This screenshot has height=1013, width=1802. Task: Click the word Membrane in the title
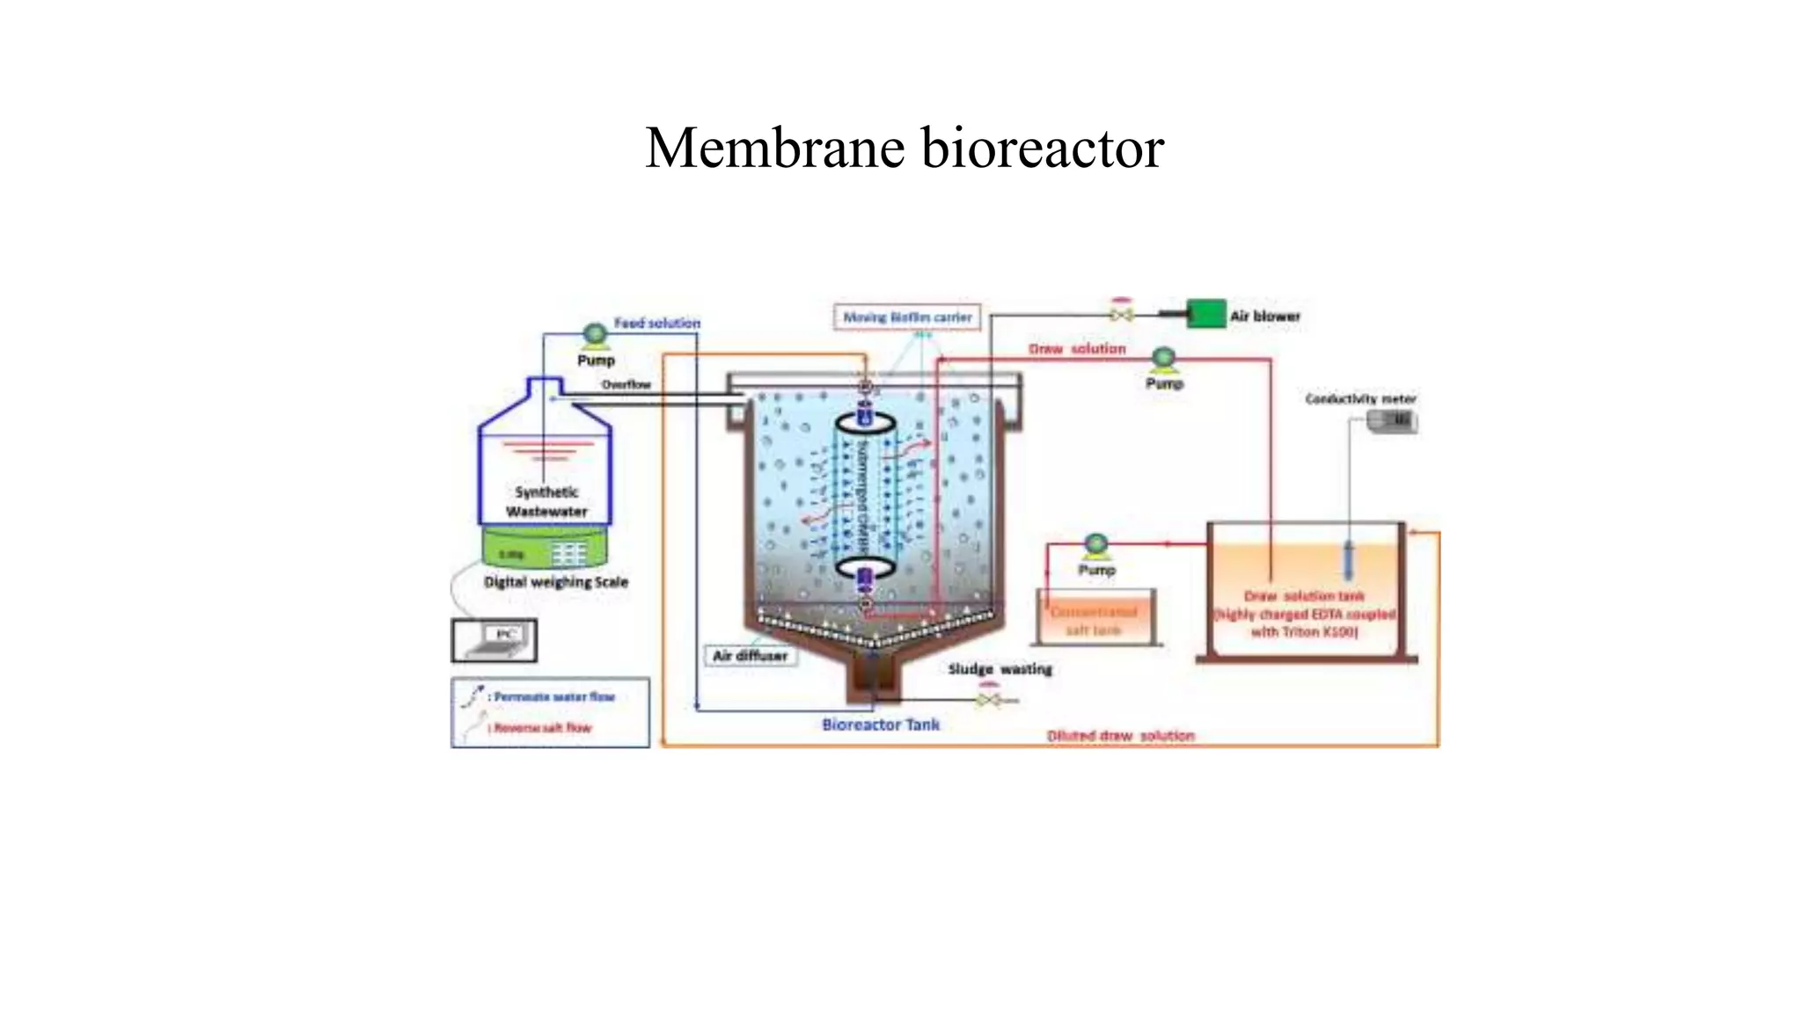tap(775, 148)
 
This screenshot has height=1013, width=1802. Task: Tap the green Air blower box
tap(1205, 314)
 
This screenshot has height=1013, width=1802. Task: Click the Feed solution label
tap(656, 324)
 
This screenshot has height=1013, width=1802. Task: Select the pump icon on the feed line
tap(595, 335)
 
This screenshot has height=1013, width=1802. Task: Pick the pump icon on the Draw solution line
tap(1164, 358)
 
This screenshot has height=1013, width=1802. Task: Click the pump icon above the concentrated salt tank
tap(1096, 545)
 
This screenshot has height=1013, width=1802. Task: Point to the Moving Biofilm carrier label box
tap(907, 317)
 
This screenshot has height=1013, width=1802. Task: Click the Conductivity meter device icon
tap(1393, 422)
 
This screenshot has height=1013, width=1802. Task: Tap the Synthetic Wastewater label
tap(546, 502)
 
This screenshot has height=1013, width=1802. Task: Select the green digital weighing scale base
tap(545, 550)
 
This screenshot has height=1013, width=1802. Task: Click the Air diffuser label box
tap(751, 656)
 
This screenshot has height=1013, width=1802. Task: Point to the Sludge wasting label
tap(1000, 669)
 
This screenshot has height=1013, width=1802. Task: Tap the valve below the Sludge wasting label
tap(988, 700)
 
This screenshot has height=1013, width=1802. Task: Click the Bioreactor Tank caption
tap(880, 725)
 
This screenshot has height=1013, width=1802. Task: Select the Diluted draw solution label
tap(1120, 735)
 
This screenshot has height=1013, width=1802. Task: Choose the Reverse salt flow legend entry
tap(542, 727)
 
